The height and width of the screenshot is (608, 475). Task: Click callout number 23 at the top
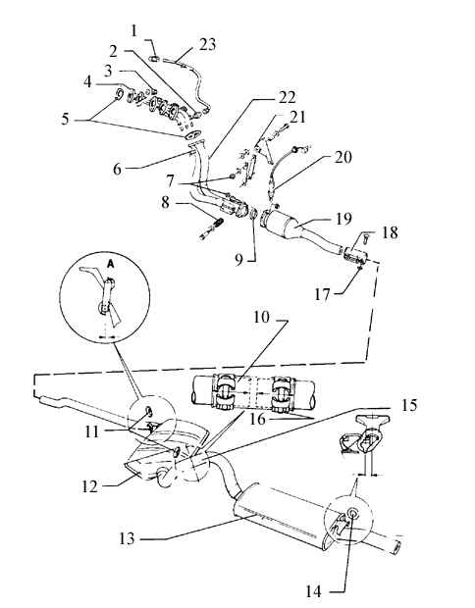(x=208, y=44)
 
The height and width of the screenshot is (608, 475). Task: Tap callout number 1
(x=134, y=30)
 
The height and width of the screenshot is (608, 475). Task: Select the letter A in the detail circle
(x=111, y=263)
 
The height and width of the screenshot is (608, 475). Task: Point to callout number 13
(x=127, y=538)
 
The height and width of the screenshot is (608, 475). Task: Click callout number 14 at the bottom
(x=313, y=591)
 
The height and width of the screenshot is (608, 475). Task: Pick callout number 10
(x=262, y=317)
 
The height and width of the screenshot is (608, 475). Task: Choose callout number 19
(x=343, y=219)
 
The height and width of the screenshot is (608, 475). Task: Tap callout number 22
(x=288, y=98)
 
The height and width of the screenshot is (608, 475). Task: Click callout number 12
(x=89, y=486)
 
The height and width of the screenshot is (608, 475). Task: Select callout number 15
(x=409, y=406)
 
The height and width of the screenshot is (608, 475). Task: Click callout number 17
(x=322, y=295)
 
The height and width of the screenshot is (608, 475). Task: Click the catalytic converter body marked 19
(x=283, y=225)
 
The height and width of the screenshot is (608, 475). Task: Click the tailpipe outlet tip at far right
(x=397, y=546)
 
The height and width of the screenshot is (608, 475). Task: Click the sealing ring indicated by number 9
(x=253, y=214)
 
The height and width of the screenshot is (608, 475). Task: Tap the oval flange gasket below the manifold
(x=192, y=134)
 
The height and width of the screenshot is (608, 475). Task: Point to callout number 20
(x=343, y=157)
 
